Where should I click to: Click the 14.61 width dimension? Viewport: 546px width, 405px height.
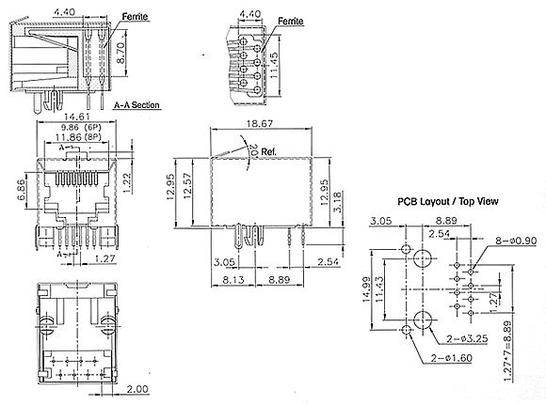[76, 117]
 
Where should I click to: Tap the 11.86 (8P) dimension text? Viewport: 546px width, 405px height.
[78, 137]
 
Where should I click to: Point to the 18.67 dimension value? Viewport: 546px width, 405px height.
[260, 123]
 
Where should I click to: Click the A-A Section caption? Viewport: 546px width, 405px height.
[136, 105]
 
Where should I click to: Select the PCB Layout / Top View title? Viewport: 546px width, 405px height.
[448, 201]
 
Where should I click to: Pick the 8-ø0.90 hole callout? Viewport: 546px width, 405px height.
[516, 241]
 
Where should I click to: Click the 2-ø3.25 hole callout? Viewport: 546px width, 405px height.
[467, 338]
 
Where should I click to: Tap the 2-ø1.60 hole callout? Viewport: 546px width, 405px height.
[452, 358]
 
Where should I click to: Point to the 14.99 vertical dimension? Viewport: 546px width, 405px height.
[366, 289]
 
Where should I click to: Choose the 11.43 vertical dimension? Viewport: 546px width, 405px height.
[380, 289]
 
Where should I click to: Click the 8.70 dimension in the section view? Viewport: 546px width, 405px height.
[120, 53]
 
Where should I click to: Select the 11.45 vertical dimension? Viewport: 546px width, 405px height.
[274, 65]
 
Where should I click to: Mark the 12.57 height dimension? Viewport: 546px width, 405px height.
[187, 186]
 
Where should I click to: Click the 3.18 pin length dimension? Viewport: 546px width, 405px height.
[338, 201]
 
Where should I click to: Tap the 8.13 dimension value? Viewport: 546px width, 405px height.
[233, 279]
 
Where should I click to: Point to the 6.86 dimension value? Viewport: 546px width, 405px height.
[21, 190]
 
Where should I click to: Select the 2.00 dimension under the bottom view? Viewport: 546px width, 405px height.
[137, 389]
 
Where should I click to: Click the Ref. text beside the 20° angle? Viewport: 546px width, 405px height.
[268, 152]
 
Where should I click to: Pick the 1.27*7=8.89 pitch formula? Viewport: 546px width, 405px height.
[508, 351]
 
